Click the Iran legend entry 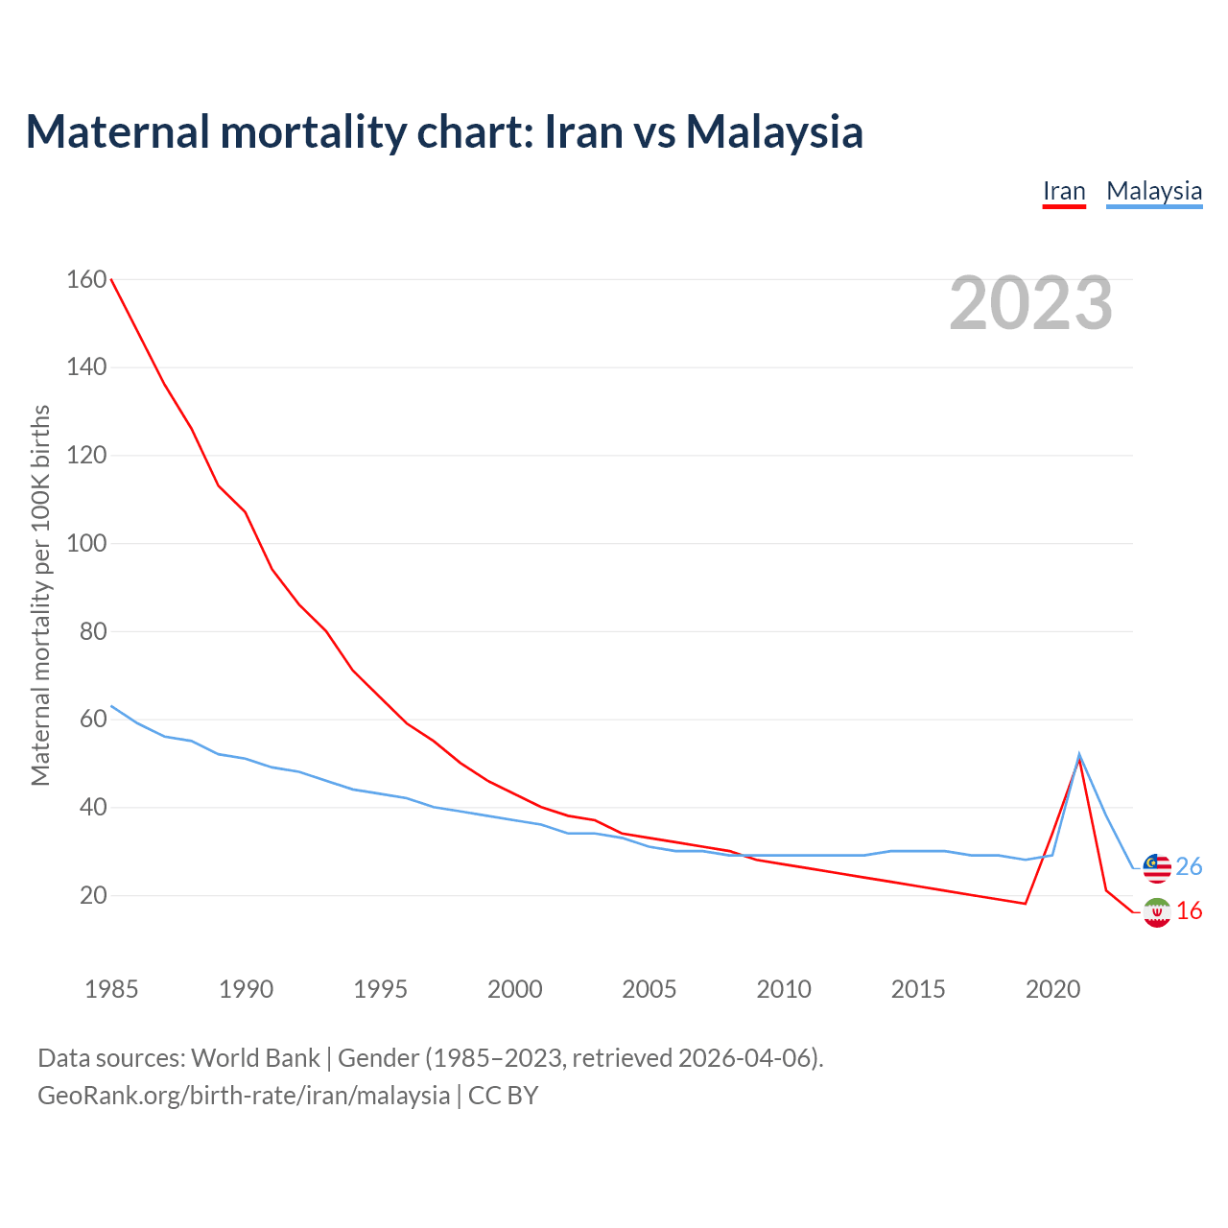pos(1064,191)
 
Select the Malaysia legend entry pos(1154,191)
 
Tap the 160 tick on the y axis pos(86,279)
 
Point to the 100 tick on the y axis pos(86,543)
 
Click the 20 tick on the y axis pos(93,895)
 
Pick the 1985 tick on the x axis pos(111,989)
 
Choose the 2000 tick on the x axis pos(515,989)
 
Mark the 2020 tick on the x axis pos(1052,989)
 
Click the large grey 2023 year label pos(1031,303)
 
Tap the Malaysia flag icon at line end pos(1157,867)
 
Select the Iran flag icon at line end pos(1157,912)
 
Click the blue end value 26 pos(1189,867)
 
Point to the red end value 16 pos(1189,911)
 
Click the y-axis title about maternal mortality pos(40,595)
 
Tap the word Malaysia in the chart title pos(774,131)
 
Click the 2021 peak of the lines pos(1079,757)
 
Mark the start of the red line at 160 pos(111,279)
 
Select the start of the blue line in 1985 pos(111,706)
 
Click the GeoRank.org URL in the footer pos(244,1096)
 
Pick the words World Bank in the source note pos(255,1058)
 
